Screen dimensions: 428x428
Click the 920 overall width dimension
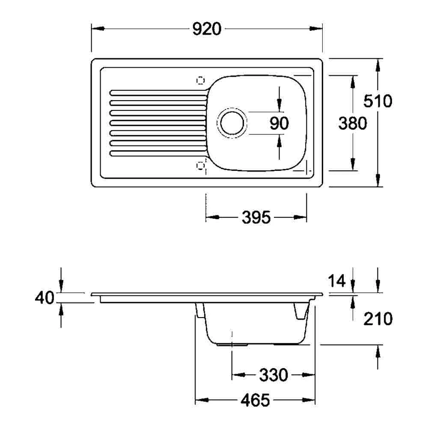click(207, 29)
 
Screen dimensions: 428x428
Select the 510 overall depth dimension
click(378, 101)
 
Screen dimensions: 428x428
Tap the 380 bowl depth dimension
click(353, 123)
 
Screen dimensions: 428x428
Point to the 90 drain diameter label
click(279, 123)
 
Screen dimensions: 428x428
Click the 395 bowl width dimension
click(256, 217)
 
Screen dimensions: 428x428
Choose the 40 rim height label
click(45, 297)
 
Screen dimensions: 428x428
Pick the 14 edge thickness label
click(337, 281)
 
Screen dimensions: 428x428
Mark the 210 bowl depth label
click(378, 319)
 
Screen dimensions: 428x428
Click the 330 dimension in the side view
click(273, 375)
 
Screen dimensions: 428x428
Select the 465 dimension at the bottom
click(255, 401)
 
